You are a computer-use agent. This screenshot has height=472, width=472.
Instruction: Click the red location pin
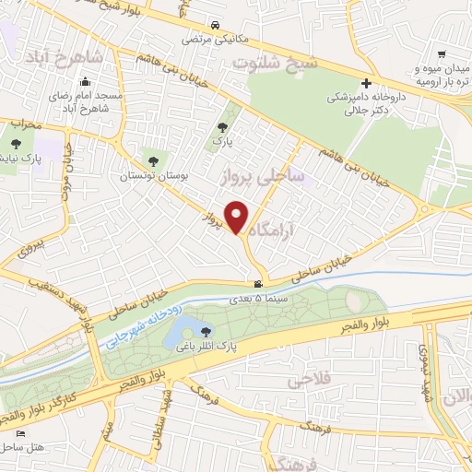click(x=237, y=217)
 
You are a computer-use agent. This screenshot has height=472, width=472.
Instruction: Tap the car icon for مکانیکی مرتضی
click(x=214, y=26)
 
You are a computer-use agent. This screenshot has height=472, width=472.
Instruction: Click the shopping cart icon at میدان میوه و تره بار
click(x=442, y=54)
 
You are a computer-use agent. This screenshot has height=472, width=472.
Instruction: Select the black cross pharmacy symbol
click(x=366, y=83)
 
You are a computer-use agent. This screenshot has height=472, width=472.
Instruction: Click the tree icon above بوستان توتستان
click(x=152, y=161)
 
